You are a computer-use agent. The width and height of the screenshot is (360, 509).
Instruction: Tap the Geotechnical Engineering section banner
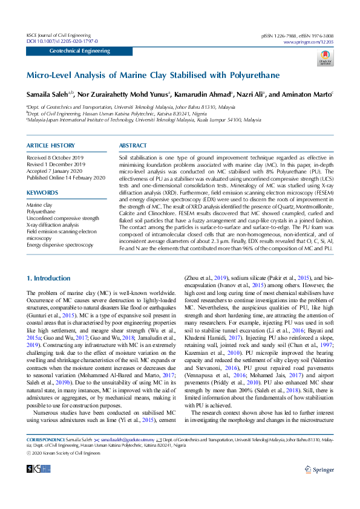[75, 52]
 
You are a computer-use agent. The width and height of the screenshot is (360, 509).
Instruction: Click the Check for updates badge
[326, 57]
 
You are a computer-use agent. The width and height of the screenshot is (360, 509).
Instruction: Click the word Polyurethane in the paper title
[254, 76]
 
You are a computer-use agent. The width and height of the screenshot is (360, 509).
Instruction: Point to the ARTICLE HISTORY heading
[51, 146]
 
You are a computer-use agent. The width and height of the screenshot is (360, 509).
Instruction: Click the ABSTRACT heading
[133, 146]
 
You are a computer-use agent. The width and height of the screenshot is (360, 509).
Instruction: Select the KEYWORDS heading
[42, 193]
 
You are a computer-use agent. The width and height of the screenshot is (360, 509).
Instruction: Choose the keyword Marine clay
[39, 206]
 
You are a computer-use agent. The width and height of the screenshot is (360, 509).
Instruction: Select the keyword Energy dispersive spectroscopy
[59, 244]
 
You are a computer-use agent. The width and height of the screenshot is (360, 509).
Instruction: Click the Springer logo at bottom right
[319, 485]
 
